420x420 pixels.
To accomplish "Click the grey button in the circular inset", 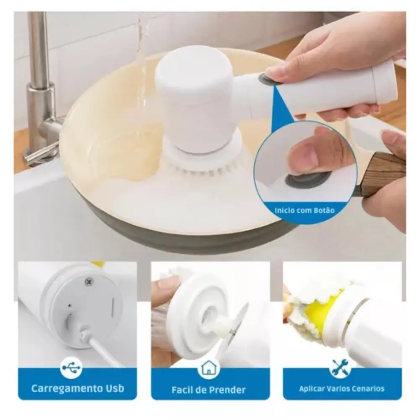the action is coord(307,179).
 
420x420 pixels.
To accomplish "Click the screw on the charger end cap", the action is coord(88,281).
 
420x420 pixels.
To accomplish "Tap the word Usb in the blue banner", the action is coord(116,388).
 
